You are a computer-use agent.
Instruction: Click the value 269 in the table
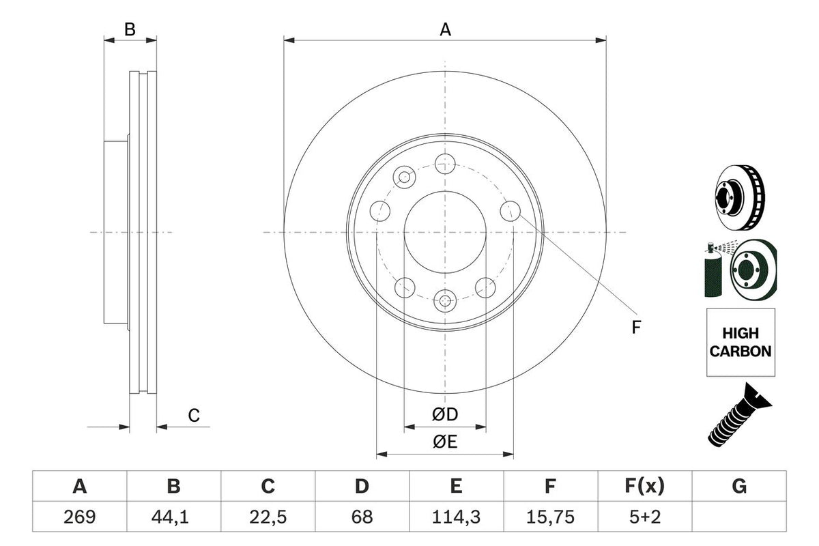tap(80, 517)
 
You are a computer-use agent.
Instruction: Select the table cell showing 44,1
tap(174, 517)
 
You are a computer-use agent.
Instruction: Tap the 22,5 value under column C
tap(268, 517)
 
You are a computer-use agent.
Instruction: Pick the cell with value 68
tap(362, 517)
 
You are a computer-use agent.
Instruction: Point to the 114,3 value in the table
tap(456, 517)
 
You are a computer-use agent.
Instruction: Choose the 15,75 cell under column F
tap(550, 517)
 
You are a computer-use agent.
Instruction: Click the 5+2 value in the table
tap(644, 517)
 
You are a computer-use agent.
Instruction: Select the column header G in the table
tap(738, 487)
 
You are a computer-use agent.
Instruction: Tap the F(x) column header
tap(644, 487)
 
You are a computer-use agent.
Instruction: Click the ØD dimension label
tap(444, 414)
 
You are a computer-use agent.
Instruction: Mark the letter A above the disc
tap(445, 29)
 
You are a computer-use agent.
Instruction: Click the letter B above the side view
tap(130, 29)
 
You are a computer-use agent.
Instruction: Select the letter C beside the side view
tap(194, 415)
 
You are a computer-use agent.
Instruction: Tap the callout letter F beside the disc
tap(636, 328)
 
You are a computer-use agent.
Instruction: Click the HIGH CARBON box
tap(741, 342)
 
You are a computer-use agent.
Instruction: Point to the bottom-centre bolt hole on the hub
tap(445, 300)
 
